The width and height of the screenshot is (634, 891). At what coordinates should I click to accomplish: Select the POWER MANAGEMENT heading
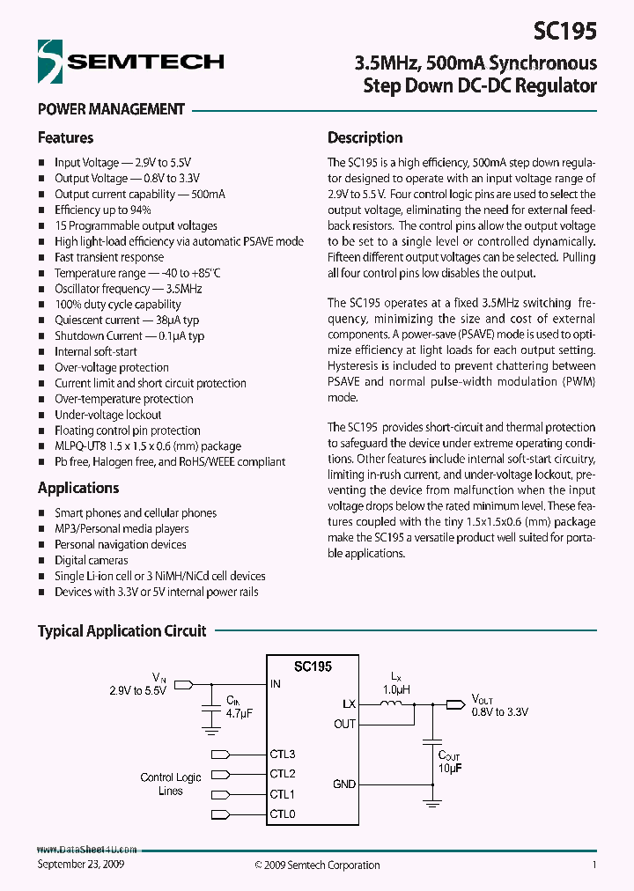pyautogui.click(x=111, y=109)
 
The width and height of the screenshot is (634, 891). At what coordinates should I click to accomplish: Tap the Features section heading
pyautogui.click(x=65, y=137)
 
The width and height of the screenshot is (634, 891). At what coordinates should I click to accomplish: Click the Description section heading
pyautogui.click(x=365, y=137)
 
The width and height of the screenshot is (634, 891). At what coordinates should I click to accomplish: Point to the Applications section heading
pyautogui.click(x=77, y=488)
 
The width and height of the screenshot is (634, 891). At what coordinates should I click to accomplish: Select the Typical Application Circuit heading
pyautogui.click(x=122, y=630)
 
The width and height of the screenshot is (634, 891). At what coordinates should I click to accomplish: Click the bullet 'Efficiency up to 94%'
pyautogui.click(x=103, y=210)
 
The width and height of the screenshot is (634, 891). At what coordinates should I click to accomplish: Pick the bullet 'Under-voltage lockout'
pyautogui.click(x=108, y=415)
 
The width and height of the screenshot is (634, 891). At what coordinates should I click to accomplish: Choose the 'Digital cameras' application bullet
pyautogui.click(x=92, y=560)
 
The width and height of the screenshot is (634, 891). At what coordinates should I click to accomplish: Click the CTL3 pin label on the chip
pyautogui.click(x=283, y=754)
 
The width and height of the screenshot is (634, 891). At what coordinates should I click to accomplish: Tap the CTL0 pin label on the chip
pyautogui.click(x=283, y=814)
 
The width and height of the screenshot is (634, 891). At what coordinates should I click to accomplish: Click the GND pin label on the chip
pyautogui.click(x=344, y=784)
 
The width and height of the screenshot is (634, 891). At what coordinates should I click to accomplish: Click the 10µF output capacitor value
pyautogui.click(x=450, y=768)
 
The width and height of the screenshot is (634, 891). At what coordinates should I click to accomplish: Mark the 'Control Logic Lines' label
pyautogui.click(x=171, y=784)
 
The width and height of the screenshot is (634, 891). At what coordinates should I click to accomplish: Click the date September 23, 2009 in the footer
pyautogui.click(x=81, y=865)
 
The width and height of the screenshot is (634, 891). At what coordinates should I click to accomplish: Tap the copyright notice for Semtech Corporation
pyautogui.click(x=317, y=865)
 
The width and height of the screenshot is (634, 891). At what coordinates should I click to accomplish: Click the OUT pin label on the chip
pyautogui.click(x=345, y=724)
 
